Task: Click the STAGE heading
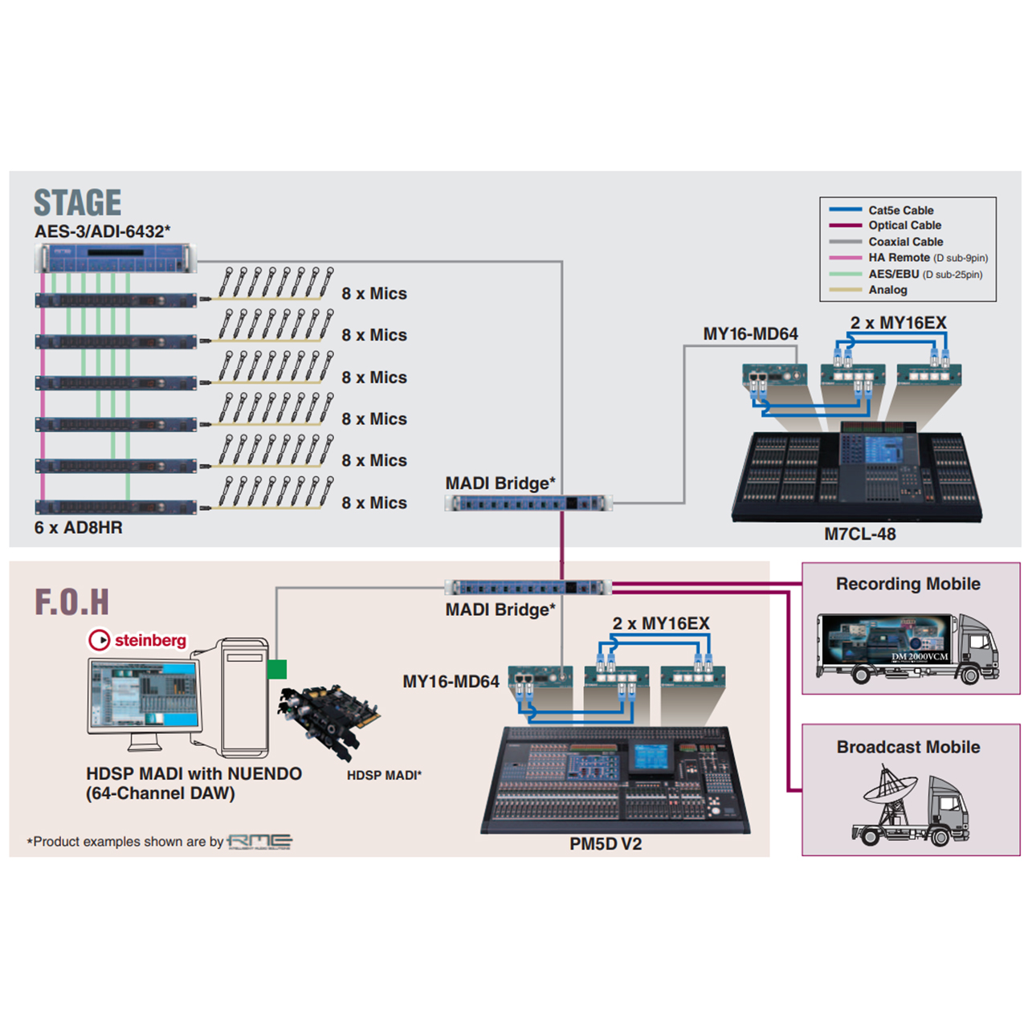(77, 202)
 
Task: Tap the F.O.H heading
(71, 602)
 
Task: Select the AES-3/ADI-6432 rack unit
(116, 259)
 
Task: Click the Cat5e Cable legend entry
(900, 210)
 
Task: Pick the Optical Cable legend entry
(904, 226)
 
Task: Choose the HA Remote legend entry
(899, 258)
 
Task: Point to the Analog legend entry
(887, 290)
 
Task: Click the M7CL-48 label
(859, 534)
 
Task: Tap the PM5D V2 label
(606, 844)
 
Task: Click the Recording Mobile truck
(908, 649)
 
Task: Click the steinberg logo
(137, 640)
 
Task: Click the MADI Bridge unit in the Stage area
(528, 504)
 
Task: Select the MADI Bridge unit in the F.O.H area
(528, 588)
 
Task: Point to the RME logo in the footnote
(259, 842)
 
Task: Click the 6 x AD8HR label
(78, 528)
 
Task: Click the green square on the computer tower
(277, 669)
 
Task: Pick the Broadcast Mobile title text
(908, 747)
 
